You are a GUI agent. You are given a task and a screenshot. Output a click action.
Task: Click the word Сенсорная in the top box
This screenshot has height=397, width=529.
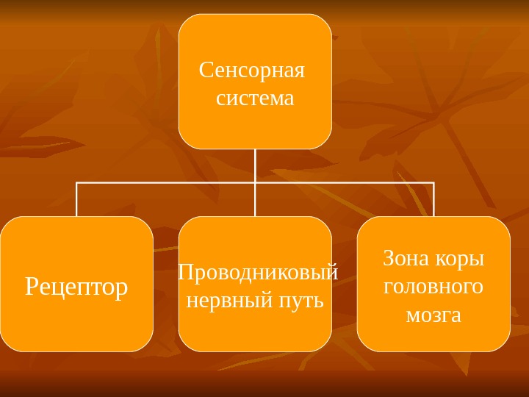click(x=251, y=72)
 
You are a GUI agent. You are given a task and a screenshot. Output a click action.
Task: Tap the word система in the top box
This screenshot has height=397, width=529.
click(x=255, y=99)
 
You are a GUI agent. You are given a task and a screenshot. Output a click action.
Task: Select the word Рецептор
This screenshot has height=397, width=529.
click(x=76, y=287)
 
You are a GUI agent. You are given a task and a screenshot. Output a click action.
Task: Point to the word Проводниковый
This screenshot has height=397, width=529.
click(x=258, y=273)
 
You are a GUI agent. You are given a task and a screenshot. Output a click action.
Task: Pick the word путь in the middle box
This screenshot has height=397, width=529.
click(x=302, y=300)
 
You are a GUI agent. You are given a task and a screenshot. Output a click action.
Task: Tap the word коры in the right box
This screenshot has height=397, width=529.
click(x=460, y=259)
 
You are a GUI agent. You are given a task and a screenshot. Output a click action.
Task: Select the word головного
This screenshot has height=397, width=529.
click(x=433, y=286)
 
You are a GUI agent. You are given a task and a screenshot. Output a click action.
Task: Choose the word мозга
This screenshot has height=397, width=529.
click(x=433, y=315)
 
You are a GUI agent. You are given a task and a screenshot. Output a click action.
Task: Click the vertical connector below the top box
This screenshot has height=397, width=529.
click(x=255, y=165)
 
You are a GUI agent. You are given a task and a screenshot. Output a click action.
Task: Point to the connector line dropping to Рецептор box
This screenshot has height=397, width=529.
click(x=76, y=199)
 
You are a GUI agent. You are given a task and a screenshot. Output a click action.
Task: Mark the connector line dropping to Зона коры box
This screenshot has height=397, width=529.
click(x=433, y=199)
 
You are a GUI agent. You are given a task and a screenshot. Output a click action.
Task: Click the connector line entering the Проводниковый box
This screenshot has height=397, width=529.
click(x=255, y=200)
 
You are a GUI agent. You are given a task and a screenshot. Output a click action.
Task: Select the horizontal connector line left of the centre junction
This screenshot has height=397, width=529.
click(x=165, y=182)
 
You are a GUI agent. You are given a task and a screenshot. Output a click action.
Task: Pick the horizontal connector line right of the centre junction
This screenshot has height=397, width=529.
click(x=345, y=182)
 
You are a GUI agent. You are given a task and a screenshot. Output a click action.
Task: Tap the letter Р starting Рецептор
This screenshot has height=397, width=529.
click(x=32, y=286)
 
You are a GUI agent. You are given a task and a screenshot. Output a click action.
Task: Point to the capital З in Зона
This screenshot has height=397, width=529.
click(x=389, y=259)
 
